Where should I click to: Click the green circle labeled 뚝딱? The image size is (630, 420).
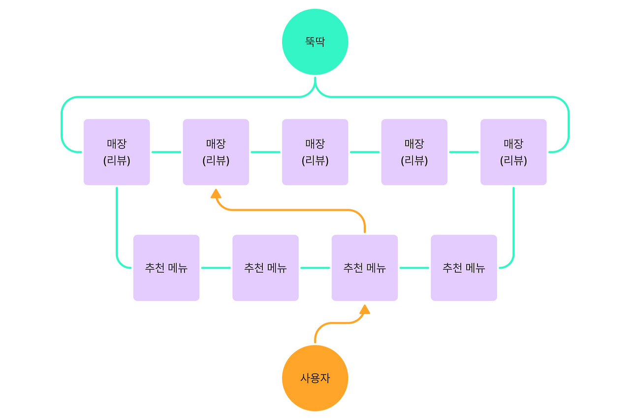coord(315,42)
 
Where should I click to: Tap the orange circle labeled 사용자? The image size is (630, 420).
coord(315,378)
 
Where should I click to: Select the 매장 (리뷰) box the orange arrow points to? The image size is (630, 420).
coord(216,152)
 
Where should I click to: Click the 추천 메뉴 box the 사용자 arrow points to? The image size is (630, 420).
coord(364,267)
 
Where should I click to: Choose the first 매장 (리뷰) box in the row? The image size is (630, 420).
coord(117,152)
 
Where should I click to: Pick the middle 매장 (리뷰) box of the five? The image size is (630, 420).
coord(315,152)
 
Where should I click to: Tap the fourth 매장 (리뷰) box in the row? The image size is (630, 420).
coord(414,152)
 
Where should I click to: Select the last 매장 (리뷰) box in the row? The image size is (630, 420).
coord(513,152)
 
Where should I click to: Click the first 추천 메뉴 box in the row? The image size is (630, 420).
coord(166,267)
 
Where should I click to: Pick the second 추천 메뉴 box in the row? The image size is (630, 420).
coord(265,267)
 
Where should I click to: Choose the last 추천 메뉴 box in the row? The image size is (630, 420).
coord(464,267)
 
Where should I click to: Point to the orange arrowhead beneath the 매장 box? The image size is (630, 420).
coord(216,194)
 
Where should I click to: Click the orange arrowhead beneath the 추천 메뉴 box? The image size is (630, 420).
coord(364,309)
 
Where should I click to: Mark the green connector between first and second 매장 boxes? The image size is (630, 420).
coord(166,152)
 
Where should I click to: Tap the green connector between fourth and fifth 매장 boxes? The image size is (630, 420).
coord(464,152)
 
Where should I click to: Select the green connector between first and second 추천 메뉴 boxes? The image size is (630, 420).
coord(216,268)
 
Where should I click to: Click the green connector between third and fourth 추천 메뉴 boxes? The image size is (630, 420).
coord(414,268)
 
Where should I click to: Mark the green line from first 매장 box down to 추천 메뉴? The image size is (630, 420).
coord(117,222)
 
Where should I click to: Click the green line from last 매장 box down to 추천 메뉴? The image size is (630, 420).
coord(513,222)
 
